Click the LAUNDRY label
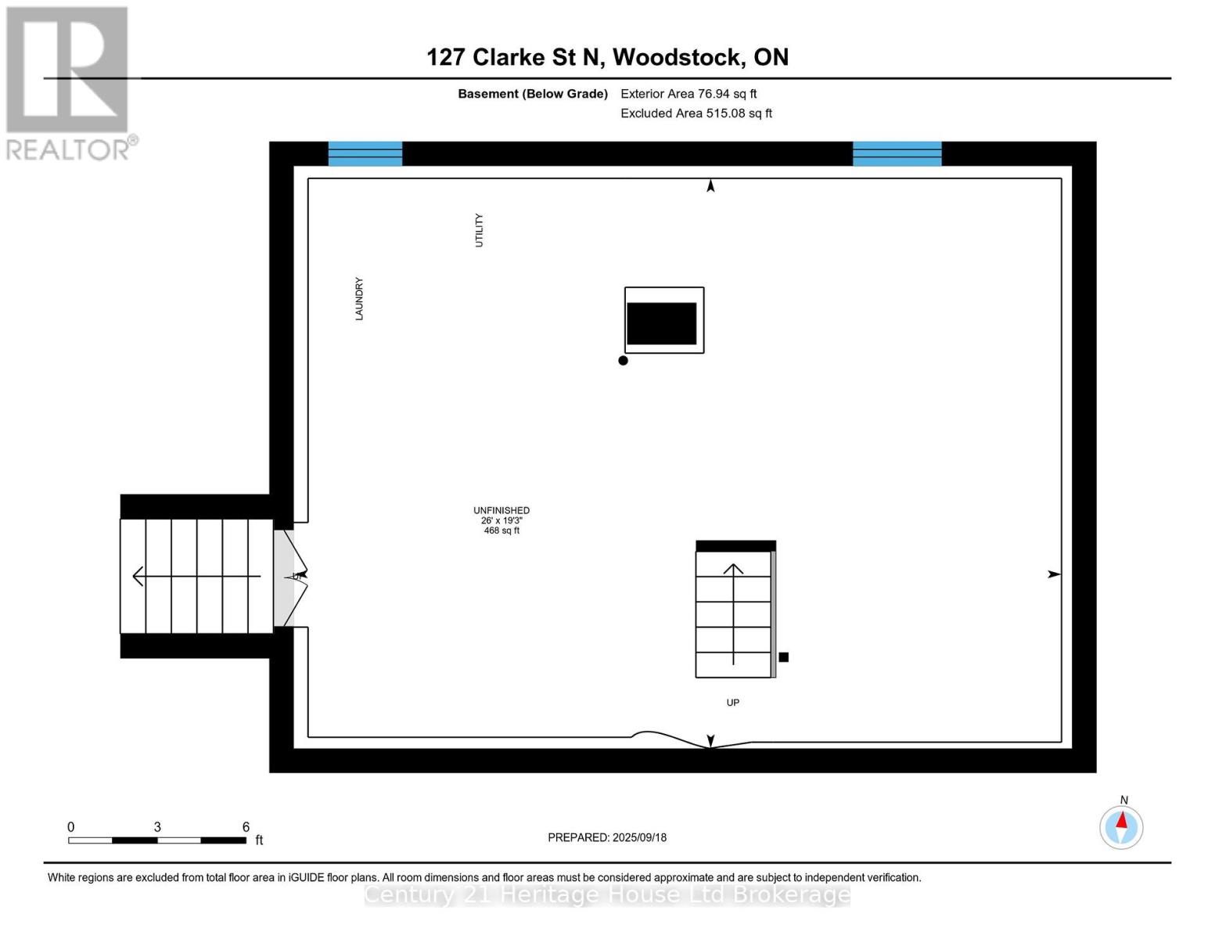[359, 298]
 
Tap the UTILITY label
[479, 230]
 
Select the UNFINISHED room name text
[501, 510]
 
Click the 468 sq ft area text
[501, 531]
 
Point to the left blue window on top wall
[365, 153]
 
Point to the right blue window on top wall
[897, 153]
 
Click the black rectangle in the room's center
[662, 323]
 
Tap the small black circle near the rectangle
[623, 361]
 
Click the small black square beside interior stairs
[783, 657]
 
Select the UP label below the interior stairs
[732, 703]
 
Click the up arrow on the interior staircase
[733, 570]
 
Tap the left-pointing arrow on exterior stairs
[139, 576]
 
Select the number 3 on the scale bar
[157, 827]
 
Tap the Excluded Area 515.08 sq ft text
[696, 113]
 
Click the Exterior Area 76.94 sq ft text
[688, 94]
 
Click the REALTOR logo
[68, 82]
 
